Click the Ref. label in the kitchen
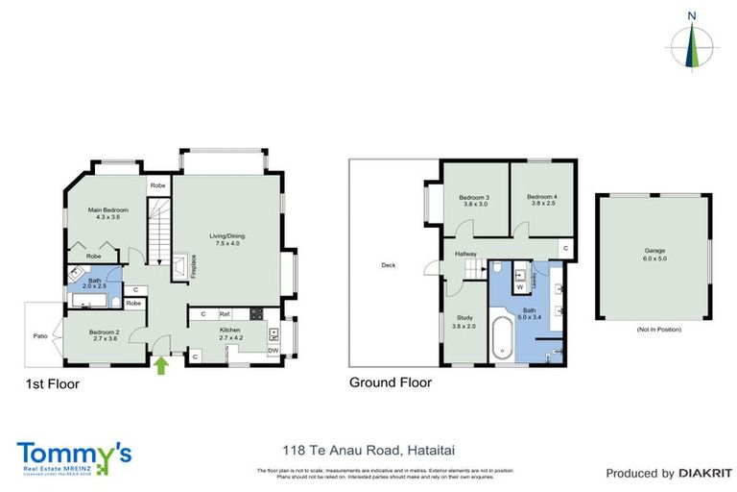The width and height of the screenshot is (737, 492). click(x=225, y=314)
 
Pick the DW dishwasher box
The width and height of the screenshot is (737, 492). click(x=274, y=350)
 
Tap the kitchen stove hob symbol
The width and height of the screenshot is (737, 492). click(x=255, y=314)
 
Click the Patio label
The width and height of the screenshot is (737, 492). click(x=41, y=335)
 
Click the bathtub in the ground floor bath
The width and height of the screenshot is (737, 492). click(x=505, y=342)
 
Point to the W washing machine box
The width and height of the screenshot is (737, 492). click(x=519, y=285)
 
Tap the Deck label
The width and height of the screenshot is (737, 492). click(x=388, y=265)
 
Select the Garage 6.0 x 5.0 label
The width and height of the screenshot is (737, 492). click(x=654, y=256)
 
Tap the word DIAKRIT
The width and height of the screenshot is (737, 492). click(x=705, y=473)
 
